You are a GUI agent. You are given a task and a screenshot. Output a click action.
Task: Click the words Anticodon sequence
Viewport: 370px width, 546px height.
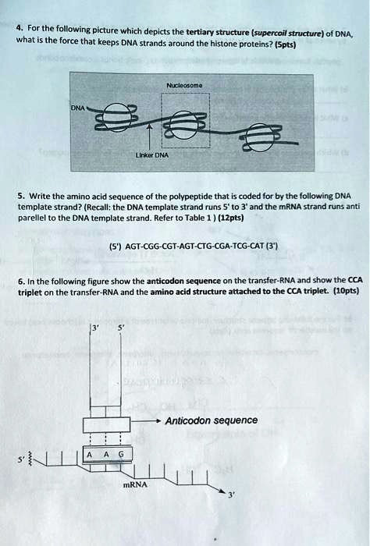[211, 420]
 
